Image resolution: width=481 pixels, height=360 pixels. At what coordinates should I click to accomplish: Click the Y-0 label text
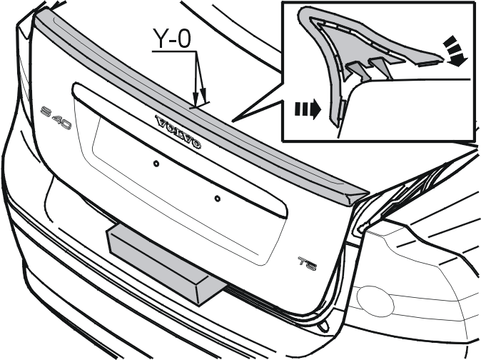(172, 39)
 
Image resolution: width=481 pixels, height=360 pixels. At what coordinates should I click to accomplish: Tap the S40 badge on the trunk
(56, 118)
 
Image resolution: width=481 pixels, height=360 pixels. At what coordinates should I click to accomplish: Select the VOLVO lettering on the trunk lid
(178, 132)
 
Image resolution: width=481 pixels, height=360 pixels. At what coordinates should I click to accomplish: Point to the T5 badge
(308, 264)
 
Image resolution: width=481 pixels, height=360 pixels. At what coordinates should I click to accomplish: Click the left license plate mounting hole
(156, 164)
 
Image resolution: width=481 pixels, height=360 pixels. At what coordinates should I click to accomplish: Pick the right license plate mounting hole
(217, 199)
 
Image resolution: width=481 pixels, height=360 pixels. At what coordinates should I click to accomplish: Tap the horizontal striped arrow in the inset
(308, 109)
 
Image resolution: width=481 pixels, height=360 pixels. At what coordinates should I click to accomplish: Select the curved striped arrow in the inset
(455, 51)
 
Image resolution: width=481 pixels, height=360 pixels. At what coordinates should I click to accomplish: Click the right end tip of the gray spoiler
(369, 194)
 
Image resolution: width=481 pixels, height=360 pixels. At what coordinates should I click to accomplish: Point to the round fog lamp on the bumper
(375, 302)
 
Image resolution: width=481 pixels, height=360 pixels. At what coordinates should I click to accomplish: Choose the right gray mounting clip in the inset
(380, 67)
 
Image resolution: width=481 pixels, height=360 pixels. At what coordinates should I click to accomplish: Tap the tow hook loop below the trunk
(323, 326)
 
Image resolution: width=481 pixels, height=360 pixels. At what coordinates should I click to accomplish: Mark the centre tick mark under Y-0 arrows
(199, 105)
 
